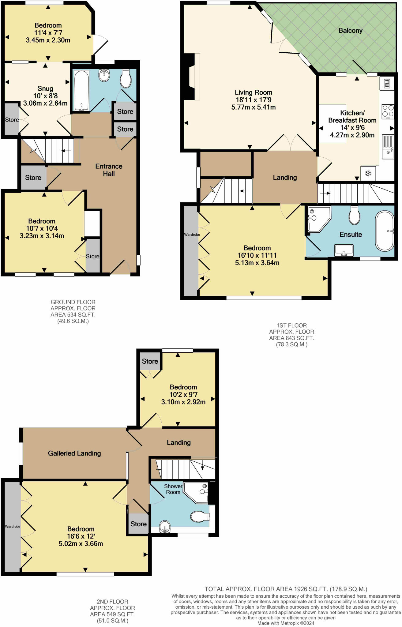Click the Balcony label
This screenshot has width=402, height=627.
(350, 31)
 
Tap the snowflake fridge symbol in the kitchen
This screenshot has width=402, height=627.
(368, 173)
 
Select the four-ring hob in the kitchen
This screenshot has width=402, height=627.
(388, 111)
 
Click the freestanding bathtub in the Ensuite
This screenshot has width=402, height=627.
(385, 231)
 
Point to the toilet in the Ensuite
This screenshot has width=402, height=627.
(354, 215)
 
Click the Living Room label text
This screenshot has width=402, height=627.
(253, 92)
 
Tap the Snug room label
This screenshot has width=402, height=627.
(45, 89)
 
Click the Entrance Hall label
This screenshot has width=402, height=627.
(109, 170)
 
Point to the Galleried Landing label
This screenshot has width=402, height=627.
(74, 453)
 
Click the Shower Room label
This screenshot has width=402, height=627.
(173, 489)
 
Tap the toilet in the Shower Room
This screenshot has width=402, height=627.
(200, 516)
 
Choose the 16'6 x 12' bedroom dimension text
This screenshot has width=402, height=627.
(81, 536)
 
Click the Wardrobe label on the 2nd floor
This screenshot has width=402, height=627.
(13, 527)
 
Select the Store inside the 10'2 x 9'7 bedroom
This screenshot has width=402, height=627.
(150, 361)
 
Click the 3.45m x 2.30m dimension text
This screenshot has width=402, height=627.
(48, 40)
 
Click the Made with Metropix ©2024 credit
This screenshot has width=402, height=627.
(286, 623)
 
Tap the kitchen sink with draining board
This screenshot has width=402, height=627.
(388, 147)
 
